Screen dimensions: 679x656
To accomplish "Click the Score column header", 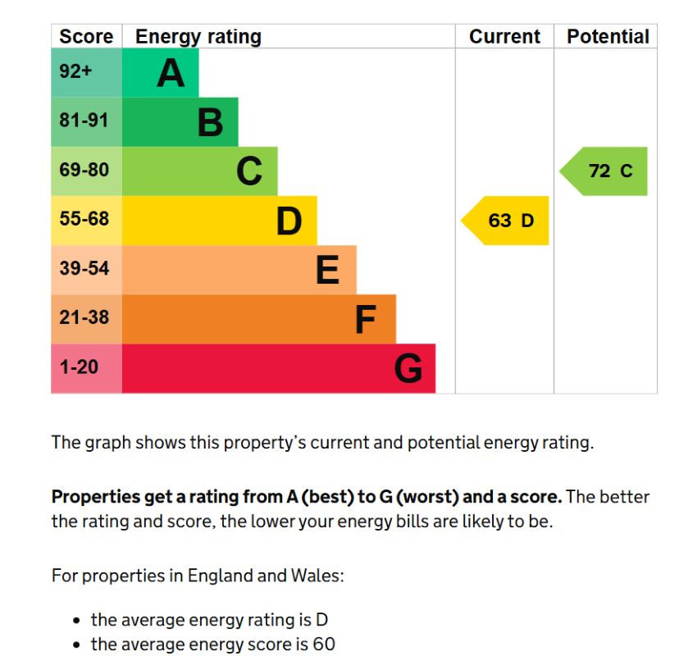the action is click(86, 36).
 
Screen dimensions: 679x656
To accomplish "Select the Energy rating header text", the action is click(198, 37).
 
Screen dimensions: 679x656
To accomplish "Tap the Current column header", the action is click(504, 36).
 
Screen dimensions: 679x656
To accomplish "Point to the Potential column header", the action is click(608, 36).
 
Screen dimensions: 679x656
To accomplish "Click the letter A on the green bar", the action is click(171, 73).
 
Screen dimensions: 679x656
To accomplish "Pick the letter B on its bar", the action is click(210, 122).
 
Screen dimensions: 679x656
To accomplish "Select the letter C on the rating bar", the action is click(249, 171).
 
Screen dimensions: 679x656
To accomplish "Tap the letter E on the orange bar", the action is click(327, 269).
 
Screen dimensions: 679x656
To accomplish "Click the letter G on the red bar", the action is click(408, 368).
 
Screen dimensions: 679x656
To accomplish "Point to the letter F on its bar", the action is click(366, 319).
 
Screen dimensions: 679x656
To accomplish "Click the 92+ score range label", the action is click(75, 71).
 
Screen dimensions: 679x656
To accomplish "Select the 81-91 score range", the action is click(84, 120).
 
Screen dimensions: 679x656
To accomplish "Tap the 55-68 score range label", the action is click(84, 219).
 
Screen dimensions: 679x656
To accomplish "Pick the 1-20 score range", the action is click(79, 367).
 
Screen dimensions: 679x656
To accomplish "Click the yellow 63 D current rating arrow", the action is click(504, 221).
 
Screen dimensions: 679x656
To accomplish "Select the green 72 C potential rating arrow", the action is click(604, 171).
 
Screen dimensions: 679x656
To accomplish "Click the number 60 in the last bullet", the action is click(324, 644).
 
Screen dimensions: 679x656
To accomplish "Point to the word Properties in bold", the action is click(95, 497).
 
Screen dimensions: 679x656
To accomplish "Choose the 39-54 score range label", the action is click(84, 268).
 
